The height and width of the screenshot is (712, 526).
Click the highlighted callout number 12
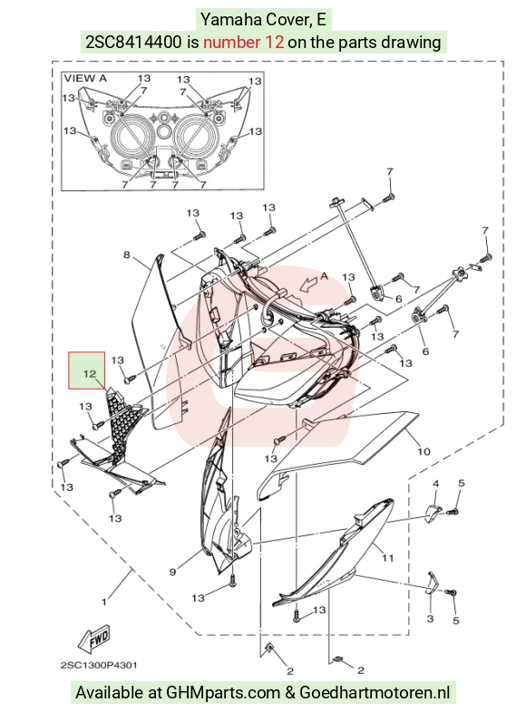click(90, 374)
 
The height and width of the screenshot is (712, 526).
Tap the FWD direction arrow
click(93, 639)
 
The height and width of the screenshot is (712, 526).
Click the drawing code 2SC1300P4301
click(99, 665)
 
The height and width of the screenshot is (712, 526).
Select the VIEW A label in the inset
click(85, 79)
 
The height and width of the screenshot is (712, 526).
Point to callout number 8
click(127, 255)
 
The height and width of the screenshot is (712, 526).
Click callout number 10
click(424, 451)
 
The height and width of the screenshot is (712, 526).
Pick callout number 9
click(172, 572)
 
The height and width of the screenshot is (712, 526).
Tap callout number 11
click(387, 558)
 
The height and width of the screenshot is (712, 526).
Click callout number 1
click(104, 602)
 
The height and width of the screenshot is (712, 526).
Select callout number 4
click(435, 484)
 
